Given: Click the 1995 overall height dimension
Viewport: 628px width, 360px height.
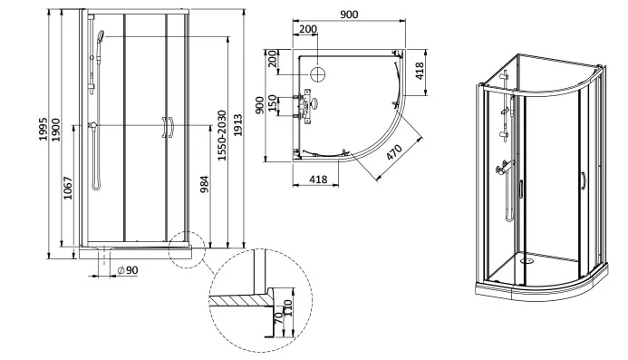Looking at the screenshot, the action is pyautogui.click(x=43, y=129).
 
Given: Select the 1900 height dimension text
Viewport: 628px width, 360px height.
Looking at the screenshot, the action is pyautogui.click(x=55, y=130).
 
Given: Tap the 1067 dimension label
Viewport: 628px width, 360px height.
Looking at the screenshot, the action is pyautogui.click(x=68, y=188).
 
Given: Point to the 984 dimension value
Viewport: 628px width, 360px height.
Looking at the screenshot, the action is pyautogui.click(x=204, y=184).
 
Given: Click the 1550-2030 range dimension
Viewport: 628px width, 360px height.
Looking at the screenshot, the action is pyautogui.click(x=222, y=135).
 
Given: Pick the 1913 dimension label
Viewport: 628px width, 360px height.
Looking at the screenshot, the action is pyautogui.click(x=238, y=125).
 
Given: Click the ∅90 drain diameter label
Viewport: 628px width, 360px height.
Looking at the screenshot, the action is pyautogui.click(x=128, y=270).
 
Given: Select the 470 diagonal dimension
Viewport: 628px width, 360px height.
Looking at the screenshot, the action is pyautogui.click(x=394, y=152).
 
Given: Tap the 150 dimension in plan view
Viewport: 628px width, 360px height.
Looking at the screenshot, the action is pyautogui.click(x=272, y=103).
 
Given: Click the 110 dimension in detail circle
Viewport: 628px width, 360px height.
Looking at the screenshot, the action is pyautogui.click(x=288, y=307).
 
